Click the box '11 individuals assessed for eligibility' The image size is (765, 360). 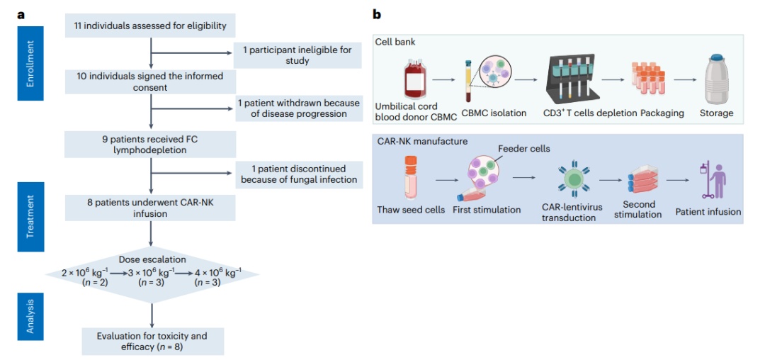(x=150, y=26)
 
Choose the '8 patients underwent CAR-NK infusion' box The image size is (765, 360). (x=150, y=208)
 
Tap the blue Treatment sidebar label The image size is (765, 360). (x=30, y=216)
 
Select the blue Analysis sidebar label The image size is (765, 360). (x=30, y=316)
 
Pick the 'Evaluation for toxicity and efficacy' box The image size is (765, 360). (x=152, y=341)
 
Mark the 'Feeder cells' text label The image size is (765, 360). (x=523, y=149)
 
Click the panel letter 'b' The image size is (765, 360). (x=377, y=13)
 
